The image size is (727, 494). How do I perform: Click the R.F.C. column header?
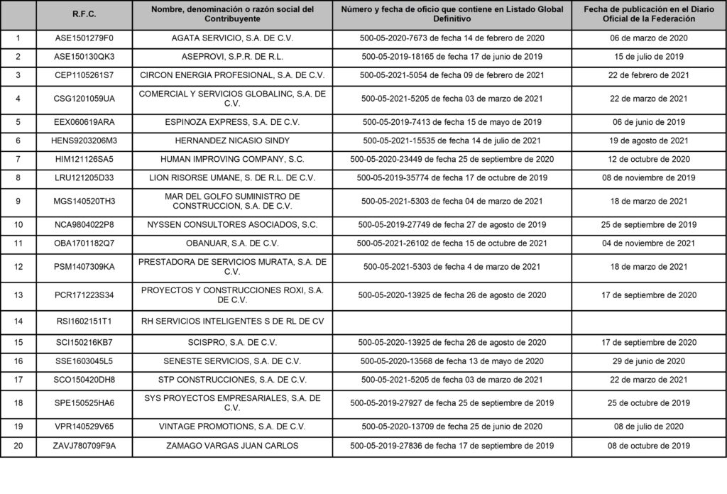84,14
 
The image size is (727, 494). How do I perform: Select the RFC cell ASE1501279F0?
84,38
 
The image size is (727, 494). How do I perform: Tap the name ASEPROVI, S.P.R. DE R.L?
232,57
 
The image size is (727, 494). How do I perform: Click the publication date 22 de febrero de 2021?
649,75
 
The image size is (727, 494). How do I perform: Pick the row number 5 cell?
18,122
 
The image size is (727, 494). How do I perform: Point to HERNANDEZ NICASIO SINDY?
232,141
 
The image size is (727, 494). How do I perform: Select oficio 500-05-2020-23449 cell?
453,159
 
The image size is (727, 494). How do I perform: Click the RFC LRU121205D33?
84,177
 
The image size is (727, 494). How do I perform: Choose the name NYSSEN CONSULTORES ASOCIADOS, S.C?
232,225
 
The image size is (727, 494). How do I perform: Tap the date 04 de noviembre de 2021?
649,243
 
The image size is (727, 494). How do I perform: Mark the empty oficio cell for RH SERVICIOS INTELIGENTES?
453,322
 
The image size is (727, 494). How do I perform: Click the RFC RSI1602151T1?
84,322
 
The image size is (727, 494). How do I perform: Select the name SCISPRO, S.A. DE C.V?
232,342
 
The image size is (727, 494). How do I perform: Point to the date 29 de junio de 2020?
649,361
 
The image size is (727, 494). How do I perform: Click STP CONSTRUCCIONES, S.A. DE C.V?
232,380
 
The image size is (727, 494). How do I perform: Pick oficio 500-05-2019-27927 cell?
453,403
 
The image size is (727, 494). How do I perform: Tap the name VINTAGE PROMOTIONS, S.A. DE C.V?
232,427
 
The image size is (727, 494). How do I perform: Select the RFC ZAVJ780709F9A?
84,446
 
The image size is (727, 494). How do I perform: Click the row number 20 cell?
18,446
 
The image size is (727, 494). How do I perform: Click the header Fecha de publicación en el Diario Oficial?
649,14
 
